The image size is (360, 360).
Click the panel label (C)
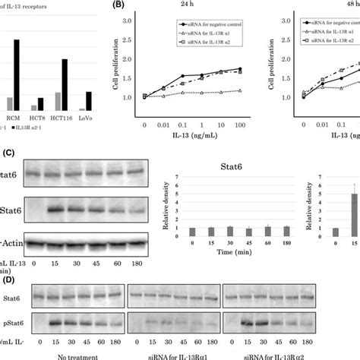[8, 152]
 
